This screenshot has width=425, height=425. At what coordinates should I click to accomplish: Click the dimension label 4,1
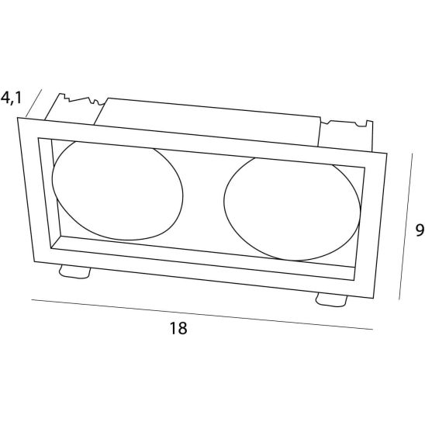point(11,98)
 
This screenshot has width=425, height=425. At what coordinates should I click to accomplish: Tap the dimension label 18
point(178,328)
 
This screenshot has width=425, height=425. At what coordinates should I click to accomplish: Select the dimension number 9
point(420,230)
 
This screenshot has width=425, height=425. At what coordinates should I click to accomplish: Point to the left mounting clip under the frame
point(74,271)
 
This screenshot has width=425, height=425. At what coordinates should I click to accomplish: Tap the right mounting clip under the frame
point(331,300)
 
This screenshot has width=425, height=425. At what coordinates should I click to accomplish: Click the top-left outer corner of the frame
point(18,118)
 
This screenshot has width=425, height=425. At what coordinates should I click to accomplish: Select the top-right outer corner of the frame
point(387,154)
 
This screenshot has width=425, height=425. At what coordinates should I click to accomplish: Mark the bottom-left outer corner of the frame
point(34,262)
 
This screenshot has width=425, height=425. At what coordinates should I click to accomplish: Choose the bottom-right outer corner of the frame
point(373,298)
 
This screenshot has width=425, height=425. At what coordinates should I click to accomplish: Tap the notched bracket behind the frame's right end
point(347,135)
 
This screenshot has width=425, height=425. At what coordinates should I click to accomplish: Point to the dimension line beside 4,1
point(34,102)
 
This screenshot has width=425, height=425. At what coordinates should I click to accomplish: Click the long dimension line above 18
point(202,314)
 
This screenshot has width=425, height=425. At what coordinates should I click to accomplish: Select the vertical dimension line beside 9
point(406,226)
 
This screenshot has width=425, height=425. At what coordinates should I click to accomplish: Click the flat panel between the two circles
point(203,201)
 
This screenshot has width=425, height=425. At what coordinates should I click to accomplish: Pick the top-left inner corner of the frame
point(38,138)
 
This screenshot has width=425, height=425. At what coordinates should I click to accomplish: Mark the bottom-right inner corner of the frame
point(354,280)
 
